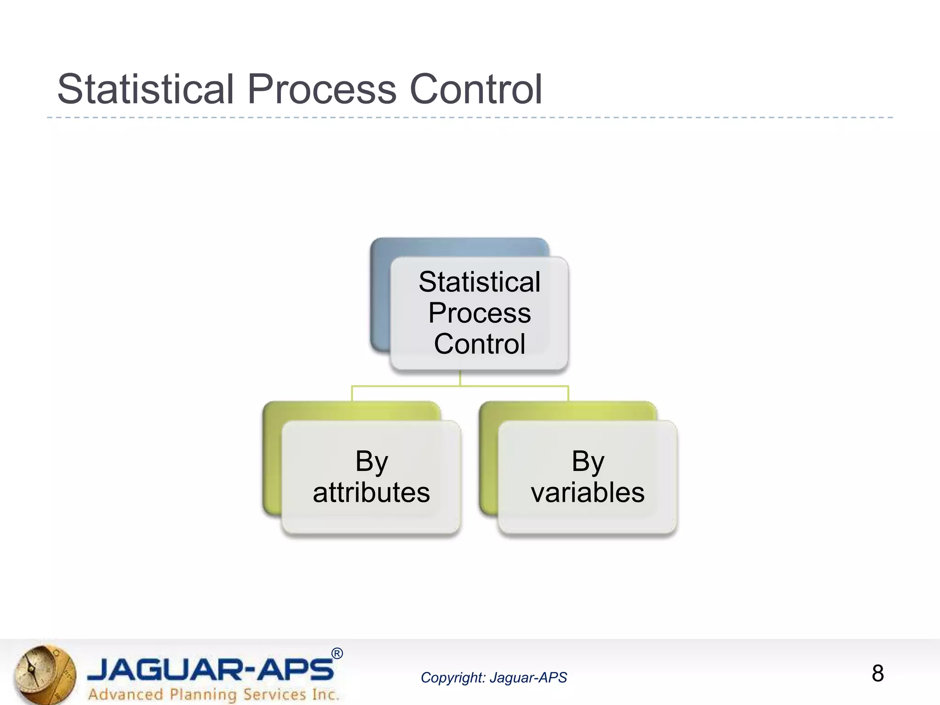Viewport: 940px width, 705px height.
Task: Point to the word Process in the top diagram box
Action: [x=479, y=313]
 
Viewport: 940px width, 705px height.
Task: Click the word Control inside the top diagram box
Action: [x=479, y=344]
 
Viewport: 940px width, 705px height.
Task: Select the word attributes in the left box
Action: [x=371, y=492]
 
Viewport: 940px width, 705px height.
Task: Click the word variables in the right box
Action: [x=587, y=492]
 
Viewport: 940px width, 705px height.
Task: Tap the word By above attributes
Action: [x=371, y=461]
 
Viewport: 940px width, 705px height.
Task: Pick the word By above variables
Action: [x=587, y=461]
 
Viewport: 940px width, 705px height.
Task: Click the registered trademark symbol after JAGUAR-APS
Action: [x=337, y=654]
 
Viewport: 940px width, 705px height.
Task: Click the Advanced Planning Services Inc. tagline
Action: [x=213, y=694]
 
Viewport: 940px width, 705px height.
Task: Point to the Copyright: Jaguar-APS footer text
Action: [x=493, y=677]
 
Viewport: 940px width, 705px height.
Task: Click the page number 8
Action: [x=878, y=673]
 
